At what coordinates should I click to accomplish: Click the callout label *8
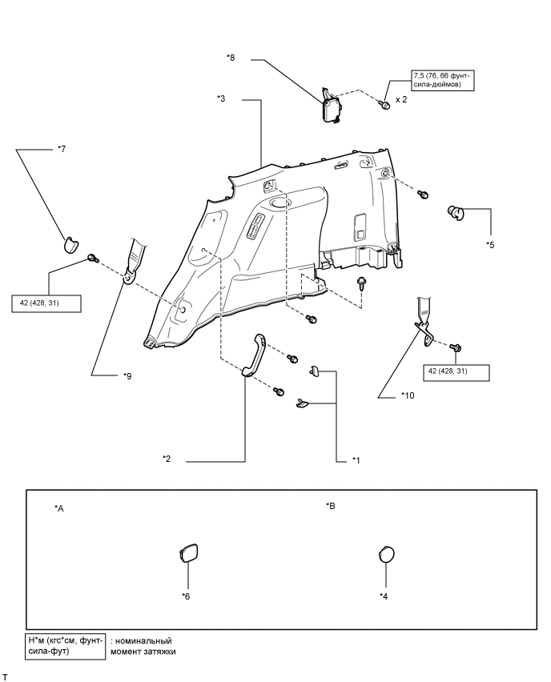pyautogui.click(x=232, y=58)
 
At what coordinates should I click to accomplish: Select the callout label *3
pyautogui.click(x=222, y=98)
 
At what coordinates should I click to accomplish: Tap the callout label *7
pyautogui.click(x=61, y=149)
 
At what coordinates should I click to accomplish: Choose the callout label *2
pyautogui.click(x=167, y=459)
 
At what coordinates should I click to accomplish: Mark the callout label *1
pyautogui.click(x=356, y=459)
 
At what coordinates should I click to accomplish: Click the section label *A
pyautogui.click(x=59, y=508)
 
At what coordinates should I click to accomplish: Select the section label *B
pyautogui.click(x=331, y=506)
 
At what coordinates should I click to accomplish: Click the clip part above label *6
pyautogui.click(x=188, y=554)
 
